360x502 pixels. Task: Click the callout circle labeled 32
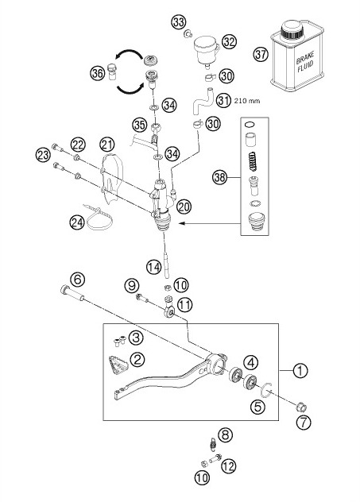click(x=230, y=41)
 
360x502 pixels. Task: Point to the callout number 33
click(x=180, y=20)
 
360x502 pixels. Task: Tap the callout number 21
click(x=107, y=144)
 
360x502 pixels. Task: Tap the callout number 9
click(x=132, y=286)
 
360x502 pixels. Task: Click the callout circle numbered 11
click(x=184, y=304)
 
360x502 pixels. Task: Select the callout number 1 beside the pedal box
click(x=300, y=369)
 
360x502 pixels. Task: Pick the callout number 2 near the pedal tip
click(x=137, y=360)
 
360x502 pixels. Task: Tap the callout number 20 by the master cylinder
click(x=184, y=207)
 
